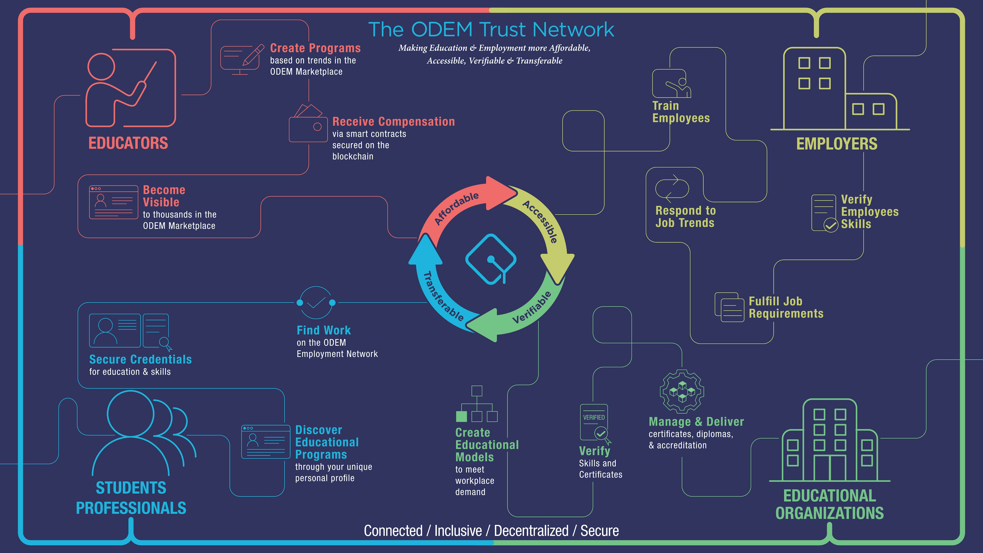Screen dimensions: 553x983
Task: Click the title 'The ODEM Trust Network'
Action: point(491,29)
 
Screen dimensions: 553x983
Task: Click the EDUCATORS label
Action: point(128,144)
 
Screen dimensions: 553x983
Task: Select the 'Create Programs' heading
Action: point(315,48)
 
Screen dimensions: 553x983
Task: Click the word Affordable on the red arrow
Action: point(457,208)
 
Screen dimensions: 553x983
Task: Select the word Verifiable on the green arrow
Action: point(532,307)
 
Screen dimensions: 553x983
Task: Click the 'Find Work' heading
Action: point(324,330)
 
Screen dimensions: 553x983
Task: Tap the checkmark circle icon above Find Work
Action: point(316,303)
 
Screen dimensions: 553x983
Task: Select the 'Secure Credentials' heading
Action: point(140,360)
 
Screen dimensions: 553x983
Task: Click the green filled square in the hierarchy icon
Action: point(461,416)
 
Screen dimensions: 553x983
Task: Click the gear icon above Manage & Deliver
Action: point(682,391)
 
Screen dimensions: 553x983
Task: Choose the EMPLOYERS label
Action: point(837,144)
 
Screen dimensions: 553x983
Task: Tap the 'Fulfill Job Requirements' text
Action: point(786,307)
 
